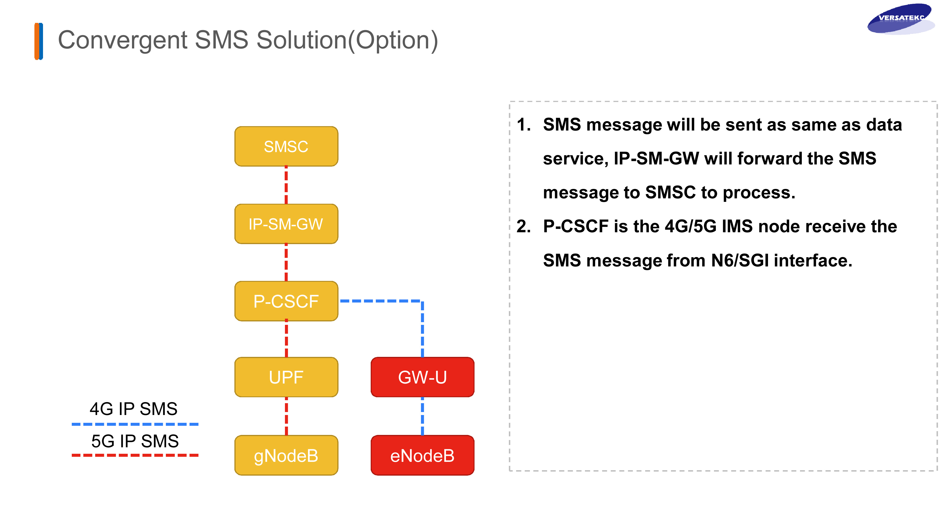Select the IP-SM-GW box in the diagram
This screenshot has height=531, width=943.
(286, 224)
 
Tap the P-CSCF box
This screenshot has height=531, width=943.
(286, 301)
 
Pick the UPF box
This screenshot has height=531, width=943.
(286, 377)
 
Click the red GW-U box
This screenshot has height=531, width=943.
(423, 377)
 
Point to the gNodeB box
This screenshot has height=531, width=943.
(286, 456)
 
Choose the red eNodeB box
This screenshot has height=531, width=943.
(423, 456)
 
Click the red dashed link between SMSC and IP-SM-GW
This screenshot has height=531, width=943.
(286, 185)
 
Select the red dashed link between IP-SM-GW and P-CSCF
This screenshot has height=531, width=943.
(286, 262)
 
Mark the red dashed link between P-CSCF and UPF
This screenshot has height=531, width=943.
(286, 339)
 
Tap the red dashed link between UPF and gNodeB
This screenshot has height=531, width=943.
(286, 416)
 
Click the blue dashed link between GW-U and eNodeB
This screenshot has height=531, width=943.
(423, 416)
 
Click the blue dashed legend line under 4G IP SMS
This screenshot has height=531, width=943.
(135, 424)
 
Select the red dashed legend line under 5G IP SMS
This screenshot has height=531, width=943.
(135, 455)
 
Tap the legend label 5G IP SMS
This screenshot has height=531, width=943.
(135, 441)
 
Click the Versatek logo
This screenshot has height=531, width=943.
(901, 19)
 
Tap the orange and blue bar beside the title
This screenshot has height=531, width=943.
(39, 41)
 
